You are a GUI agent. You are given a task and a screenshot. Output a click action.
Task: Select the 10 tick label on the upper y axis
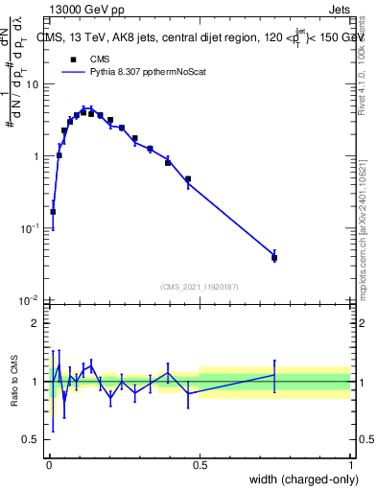click(33, 84)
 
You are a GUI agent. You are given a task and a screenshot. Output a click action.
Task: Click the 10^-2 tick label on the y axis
click(31, 301)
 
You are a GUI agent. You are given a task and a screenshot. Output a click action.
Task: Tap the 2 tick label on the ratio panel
click(35, 323)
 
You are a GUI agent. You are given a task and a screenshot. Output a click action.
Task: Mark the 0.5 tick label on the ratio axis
click(32, 440)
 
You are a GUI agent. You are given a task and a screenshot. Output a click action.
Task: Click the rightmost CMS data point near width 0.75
click(274, 257)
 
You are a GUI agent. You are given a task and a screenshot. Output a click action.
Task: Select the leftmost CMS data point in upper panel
click(53, 212)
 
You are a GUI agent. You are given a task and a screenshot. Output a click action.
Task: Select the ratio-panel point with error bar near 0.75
click(274, 375)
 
